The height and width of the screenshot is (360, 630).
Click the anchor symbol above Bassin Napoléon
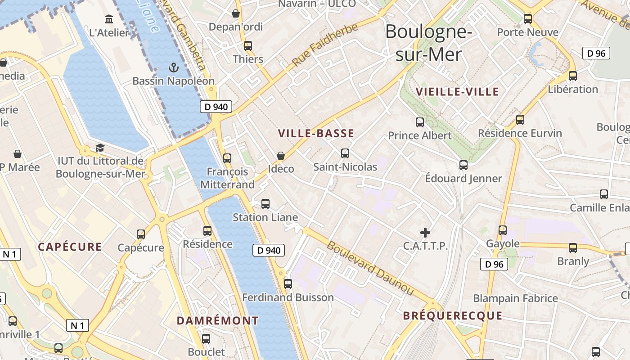[173, 68]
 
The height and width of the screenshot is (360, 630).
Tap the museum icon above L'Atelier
[109, 19]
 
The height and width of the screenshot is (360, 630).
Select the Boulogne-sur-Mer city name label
[428, 43]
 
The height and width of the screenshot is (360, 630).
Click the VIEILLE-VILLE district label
[457, 92]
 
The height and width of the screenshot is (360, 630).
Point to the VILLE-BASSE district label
[316, 133]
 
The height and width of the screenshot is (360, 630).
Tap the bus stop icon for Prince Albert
[420, 122]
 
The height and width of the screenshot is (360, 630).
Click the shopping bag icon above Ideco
[281, 156]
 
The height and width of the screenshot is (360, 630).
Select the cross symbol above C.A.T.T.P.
[425, 232]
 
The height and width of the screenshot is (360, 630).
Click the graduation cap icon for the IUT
[100, 148]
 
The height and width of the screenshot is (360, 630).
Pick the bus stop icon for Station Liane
[265, 204]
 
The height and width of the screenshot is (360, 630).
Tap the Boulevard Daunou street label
[369, 268]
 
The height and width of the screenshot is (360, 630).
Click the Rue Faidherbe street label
[325, 45]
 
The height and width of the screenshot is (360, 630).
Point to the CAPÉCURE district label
[70, 247]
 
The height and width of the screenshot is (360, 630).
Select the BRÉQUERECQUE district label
[453, 315]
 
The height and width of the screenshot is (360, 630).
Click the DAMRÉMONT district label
[218, 320]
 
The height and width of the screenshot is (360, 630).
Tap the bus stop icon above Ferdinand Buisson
[288, 284]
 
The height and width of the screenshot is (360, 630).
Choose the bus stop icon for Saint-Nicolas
[345, 153]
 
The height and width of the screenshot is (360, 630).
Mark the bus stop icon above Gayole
[503, 230]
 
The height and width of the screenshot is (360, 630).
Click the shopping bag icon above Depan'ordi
[235, 13]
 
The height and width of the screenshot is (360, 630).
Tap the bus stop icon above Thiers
[248, 45]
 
